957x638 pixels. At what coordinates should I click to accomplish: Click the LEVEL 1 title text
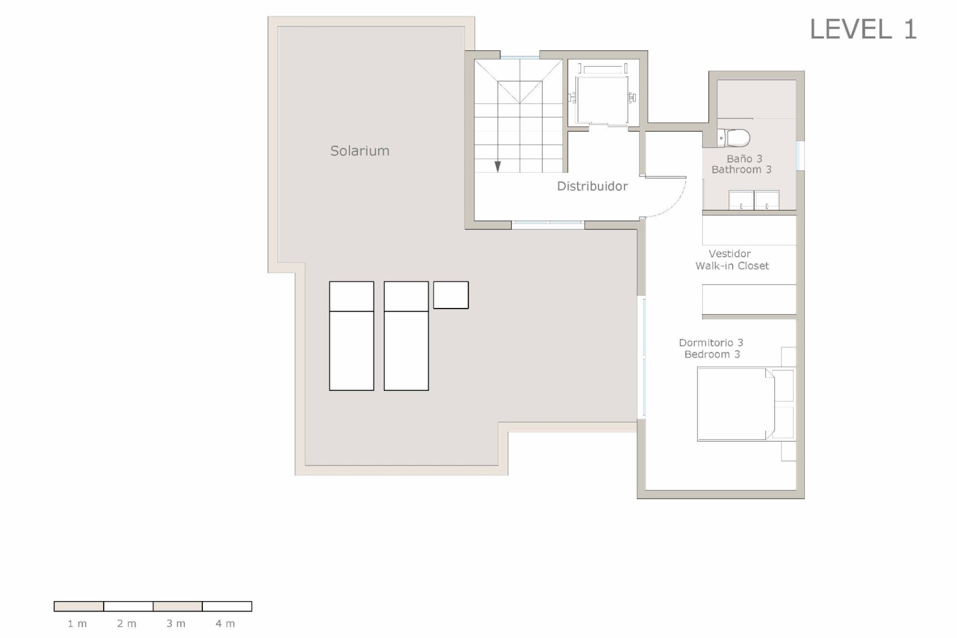(x=863, y=29)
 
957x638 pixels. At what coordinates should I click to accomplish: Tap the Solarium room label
(x=359, y=151)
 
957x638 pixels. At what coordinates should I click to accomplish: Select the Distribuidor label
(x=592, y=186)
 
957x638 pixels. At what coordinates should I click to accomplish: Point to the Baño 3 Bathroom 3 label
(x=742, y=164)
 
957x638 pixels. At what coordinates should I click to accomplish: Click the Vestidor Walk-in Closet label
(x=732, y=260)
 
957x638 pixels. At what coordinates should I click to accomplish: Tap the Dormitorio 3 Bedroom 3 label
(x=711, y=348)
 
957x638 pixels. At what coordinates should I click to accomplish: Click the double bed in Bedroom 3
(x=735, y=404)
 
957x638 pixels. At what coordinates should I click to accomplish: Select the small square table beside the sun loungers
(x=451, y=295)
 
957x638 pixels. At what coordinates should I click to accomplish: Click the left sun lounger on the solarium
(x=351, y=336)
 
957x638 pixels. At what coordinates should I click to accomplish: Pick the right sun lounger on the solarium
(x=406, y=336)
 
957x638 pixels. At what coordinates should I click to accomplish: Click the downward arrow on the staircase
(x=497, y=166)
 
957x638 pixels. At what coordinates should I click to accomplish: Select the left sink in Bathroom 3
(x=741, y=200)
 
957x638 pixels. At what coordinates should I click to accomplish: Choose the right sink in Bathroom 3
(x=767, y=200)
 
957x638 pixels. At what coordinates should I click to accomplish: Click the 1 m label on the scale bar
(x=77, y=624)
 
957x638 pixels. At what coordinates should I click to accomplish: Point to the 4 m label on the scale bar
(x=225, y=624)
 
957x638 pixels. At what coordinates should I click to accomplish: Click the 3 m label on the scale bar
(x=176, y=624)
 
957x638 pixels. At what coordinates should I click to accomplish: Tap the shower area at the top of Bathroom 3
(x=756, y=99)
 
